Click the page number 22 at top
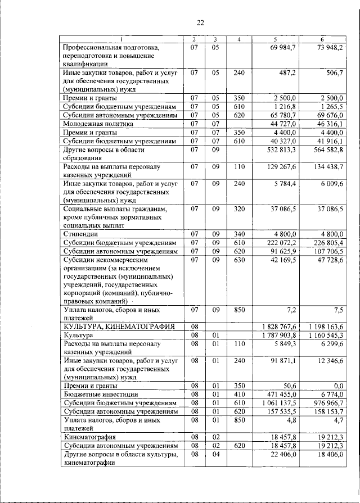click(x=200, y=22)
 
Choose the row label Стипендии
click(x=81, y=233)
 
